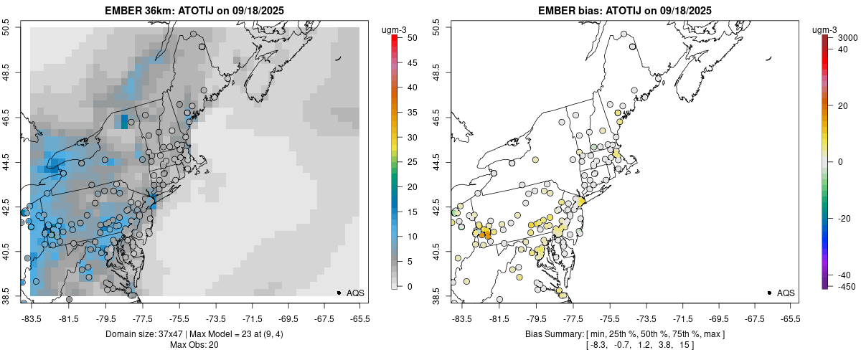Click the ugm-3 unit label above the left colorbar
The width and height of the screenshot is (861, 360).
[x=396, y=29]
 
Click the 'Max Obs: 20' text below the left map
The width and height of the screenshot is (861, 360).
[x=194, y=345]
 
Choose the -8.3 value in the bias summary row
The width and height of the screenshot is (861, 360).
[x=597, y=345]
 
